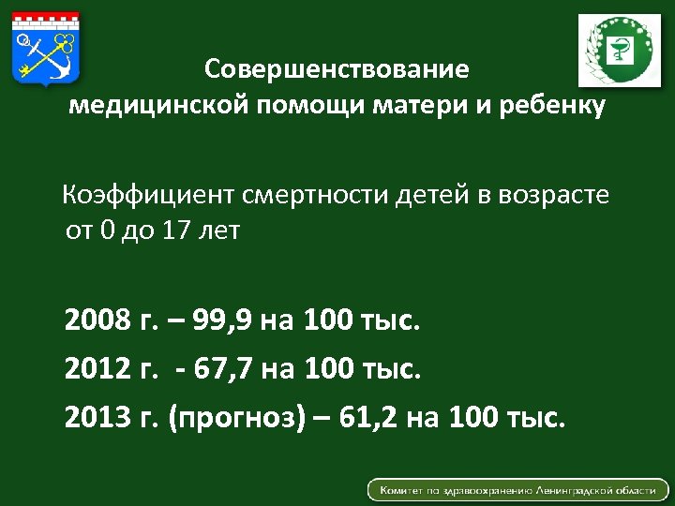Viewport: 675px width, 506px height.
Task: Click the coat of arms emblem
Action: pyautogui.click(x=46, y=46)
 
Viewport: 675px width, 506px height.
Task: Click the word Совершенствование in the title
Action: pyautogui.click(x=337, y=69)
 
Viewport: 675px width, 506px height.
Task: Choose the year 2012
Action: pyautogui.click(x=98, y=368)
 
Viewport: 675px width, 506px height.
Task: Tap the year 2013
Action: pyautogui.click(x=98, y=415)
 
